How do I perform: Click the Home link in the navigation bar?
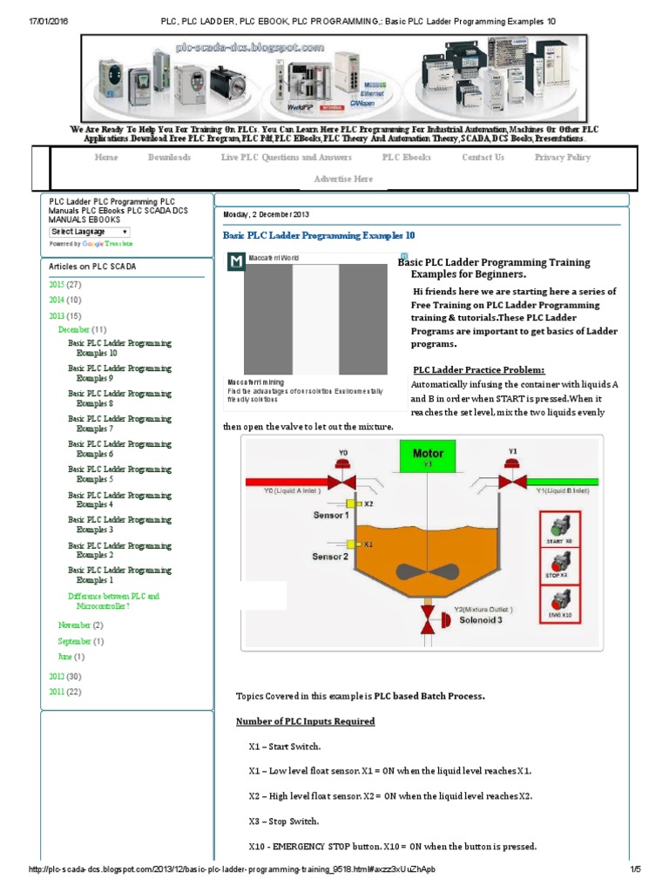106,158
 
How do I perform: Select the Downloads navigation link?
169,158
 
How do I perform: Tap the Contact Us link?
483,158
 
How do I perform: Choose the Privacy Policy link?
562,158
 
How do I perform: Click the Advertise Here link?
343,179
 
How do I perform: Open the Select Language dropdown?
90,232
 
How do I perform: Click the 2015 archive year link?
57,285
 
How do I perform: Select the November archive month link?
74,625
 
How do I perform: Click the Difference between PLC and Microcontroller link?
113,601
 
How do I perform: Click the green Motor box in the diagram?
428,456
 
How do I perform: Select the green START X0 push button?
559,529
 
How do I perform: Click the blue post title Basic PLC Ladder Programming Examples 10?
319,236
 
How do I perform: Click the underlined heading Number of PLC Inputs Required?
306,721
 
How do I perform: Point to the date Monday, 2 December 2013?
266,214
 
